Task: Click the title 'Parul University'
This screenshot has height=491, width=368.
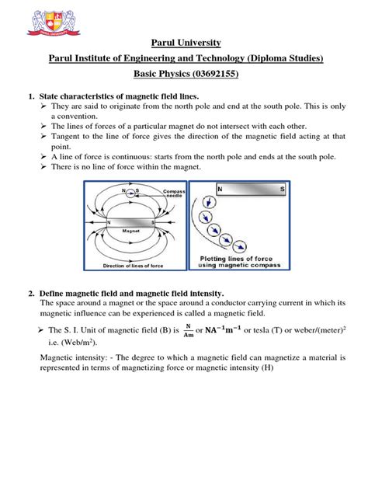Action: [x=184, y=42]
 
